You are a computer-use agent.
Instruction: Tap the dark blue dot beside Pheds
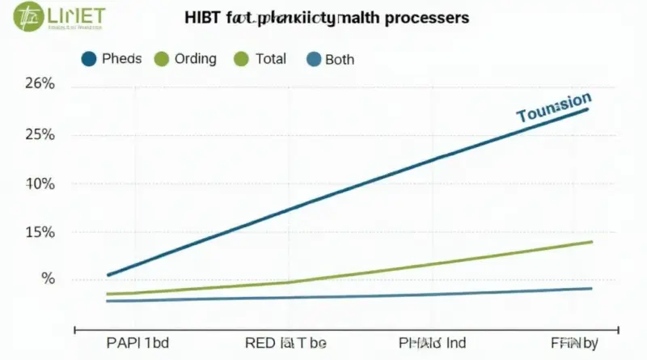pyautogui.click(x=90, y=58)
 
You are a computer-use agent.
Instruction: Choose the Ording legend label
pyautogui.click(x=195, y=58)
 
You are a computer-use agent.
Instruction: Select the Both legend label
pyautogui.click(x=339, y=59)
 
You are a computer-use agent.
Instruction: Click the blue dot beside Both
pyautogui.click(x=313, y=59)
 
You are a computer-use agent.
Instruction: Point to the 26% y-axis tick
pyautogui.click(x=40, y=84)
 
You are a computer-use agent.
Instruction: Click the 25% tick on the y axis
pyautogui.click(x=40, y=134)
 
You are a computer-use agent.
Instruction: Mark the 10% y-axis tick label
pyautogui.click(x=40, y=184)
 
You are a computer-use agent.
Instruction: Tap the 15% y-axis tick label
pyautogui.click(x=40, y=233)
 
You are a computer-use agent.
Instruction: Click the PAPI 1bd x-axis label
pyautogui.click(x=137, y=342)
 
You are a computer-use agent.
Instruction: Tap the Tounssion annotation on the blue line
pyautogui.click(x=553, y=108)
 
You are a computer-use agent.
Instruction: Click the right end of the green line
pyautogui.click(x=591, y=242)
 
